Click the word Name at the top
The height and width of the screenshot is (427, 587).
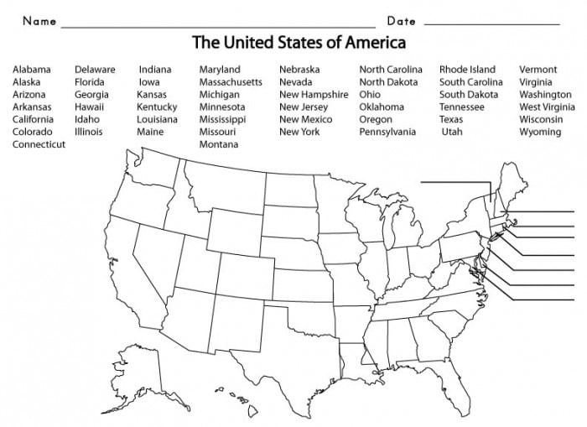click(x=39, y=20)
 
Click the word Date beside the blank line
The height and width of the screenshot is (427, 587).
click(x=402, y=20)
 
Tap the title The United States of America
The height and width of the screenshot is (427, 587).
click(x=299, y=42)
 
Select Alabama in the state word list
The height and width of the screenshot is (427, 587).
click(x=32, y=70)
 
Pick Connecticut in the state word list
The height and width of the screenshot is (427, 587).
click(x=39, y=144)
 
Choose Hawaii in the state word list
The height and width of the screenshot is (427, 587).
click(x=91, y=107)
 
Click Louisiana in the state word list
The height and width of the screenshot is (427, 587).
click(x=157, y=119)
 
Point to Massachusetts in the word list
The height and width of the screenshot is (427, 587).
click(x=231, y=82)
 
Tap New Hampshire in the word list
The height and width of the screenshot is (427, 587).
click(x=314, y=95)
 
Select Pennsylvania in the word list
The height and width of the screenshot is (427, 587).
click(x=387, y=132)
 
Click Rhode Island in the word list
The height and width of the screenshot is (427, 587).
click(x=467, y=70)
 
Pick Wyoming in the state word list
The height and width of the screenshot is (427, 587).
click(x=540, y=132)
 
